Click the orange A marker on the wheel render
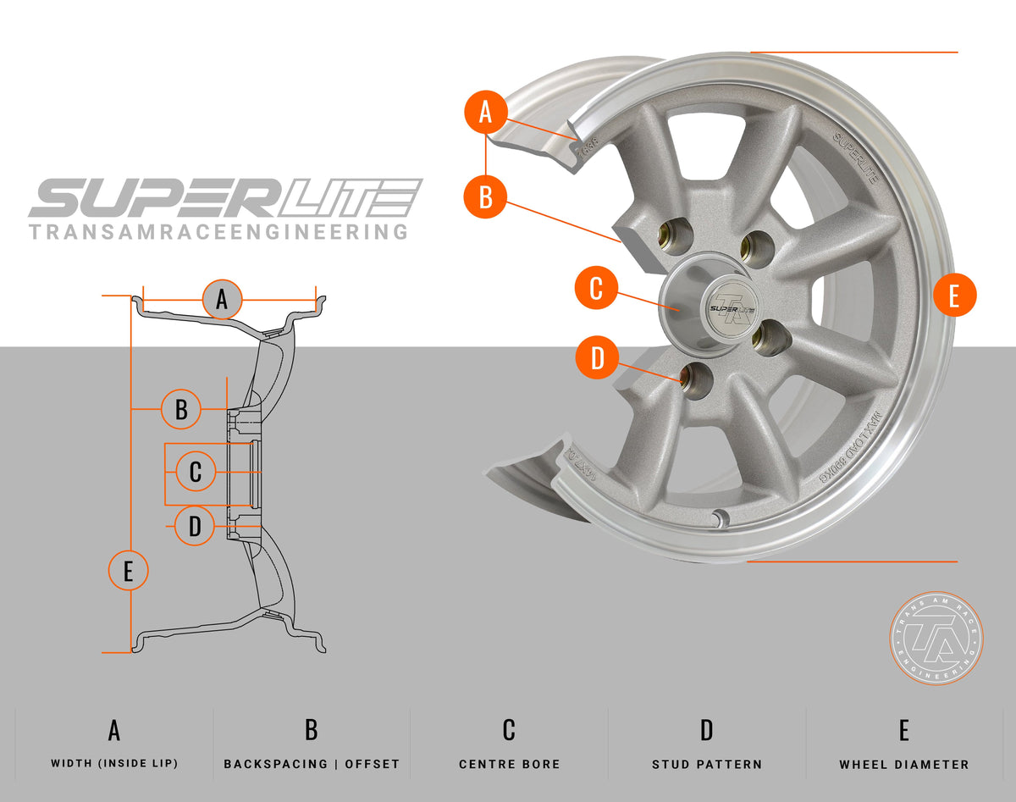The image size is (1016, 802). click(x=485, y=113)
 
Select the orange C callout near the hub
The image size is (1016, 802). click(x=596, y=289)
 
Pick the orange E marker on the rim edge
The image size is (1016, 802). click(x=954, y=296)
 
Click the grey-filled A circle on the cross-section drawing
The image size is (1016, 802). click(x=222, y=299)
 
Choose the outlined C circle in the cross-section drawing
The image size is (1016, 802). click(x=196, y=472)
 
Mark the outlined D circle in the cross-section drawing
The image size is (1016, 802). click(x=196, y=526)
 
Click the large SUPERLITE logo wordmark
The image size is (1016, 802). click(x=225, y=199)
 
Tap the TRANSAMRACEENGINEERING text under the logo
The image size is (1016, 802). click(x=218, y=232)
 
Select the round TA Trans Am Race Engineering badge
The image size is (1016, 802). click(x=936, y=638)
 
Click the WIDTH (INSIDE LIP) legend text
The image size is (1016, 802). click(x=114, y=764)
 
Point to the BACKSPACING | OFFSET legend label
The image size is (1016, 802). click(x=312, y=764)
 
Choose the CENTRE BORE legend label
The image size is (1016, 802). click(x=509, y=764)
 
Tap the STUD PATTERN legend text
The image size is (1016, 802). click(x=707, y=764)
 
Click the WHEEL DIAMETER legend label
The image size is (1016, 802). click(x=904, y=764)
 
